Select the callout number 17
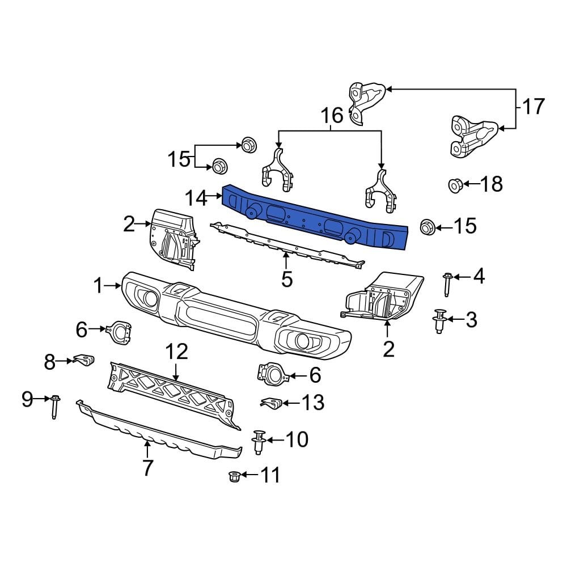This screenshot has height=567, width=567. (533, 107)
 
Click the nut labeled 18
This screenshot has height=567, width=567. (455, 185)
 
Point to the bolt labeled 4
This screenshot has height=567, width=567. (447, 283)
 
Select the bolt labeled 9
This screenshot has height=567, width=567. (55, 406)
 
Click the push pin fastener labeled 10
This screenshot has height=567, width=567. (259, 441)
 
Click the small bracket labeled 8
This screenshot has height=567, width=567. (84, 359)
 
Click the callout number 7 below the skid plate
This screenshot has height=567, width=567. (147, 468)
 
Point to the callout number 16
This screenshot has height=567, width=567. (332, 116)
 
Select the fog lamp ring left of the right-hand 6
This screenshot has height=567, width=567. (273, 374)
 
